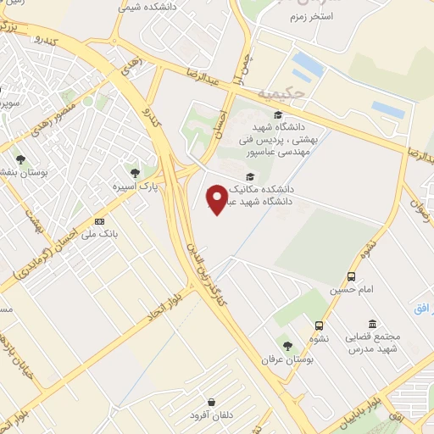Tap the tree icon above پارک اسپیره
(136, 173)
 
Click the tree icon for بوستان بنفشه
(20, 159)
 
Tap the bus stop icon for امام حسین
(351, 276)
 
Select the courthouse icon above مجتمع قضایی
(372, 324)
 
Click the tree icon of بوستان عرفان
(288, 346)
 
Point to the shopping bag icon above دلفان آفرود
(211, 401)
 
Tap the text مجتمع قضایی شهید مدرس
(373, 343)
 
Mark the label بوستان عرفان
(287, 359)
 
